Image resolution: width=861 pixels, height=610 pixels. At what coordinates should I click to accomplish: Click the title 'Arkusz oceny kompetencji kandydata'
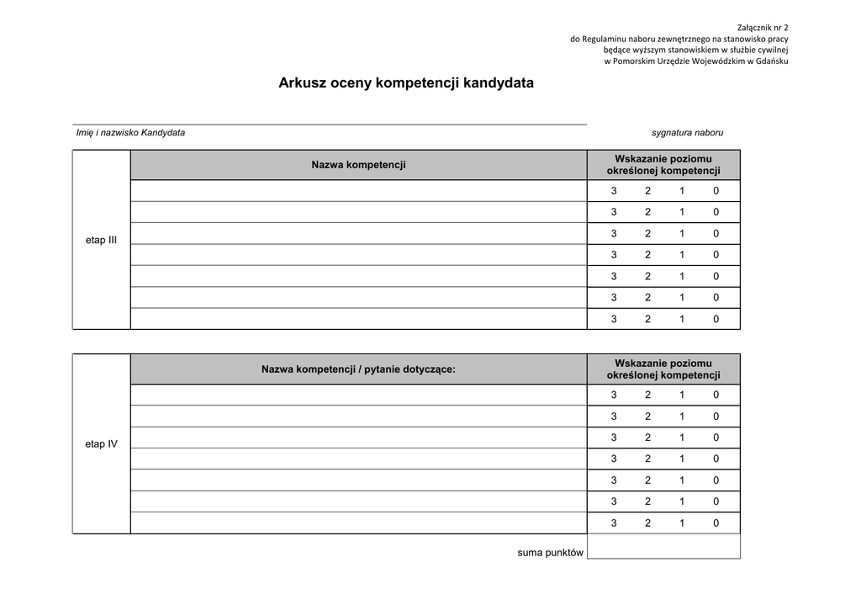click(406, 84)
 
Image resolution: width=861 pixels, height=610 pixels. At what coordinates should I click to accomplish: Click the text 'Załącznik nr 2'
click(762, 27)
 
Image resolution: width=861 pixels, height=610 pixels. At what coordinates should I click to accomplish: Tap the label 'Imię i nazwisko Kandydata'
click(130, 133)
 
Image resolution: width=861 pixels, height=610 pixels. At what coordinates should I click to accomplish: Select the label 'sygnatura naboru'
click(687, 133)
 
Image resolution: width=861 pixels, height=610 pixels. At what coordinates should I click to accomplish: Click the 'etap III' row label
click(101, 241)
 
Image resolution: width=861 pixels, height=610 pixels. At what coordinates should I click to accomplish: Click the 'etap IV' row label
click(101, 444)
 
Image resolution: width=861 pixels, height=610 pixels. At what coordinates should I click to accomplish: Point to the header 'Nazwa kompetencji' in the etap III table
click(358, 165)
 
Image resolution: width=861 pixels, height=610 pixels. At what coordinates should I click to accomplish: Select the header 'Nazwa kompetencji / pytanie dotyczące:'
click(358, 369)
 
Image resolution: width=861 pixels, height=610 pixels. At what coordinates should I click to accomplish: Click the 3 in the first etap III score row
click(614, 191)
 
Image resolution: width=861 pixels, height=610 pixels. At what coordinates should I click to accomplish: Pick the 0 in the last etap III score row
click(716, 319)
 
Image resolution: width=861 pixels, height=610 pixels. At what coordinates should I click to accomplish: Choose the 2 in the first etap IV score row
click(647, 395)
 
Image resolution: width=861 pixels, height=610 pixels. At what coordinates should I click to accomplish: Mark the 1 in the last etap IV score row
click(682, 522)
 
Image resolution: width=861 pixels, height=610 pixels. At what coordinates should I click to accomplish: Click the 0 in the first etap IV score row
click(716, 395)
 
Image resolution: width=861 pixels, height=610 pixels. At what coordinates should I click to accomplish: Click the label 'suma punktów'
click(550, 553)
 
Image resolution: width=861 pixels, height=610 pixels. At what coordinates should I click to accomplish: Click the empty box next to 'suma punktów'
click(663, 547)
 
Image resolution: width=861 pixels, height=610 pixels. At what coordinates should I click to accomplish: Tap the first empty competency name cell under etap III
click(358, 191)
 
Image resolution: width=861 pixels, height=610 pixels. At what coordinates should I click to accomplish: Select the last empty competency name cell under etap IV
click(358, 522)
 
